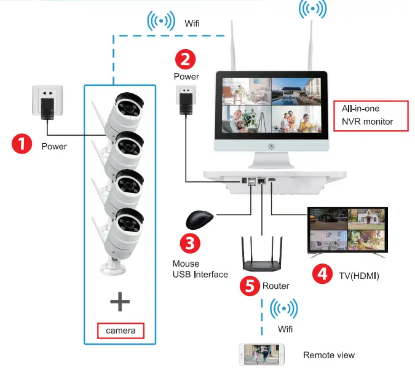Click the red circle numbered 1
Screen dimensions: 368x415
tap(22, 146)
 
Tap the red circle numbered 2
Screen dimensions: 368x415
tap(186, 59)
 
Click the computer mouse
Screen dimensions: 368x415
tap(199, 219)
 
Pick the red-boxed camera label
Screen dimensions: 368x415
tap(121, 331)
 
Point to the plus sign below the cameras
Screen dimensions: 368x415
tap(120, 301)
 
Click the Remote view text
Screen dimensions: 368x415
tap(328, 355)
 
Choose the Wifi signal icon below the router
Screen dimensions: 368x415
tap(284, 308)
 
